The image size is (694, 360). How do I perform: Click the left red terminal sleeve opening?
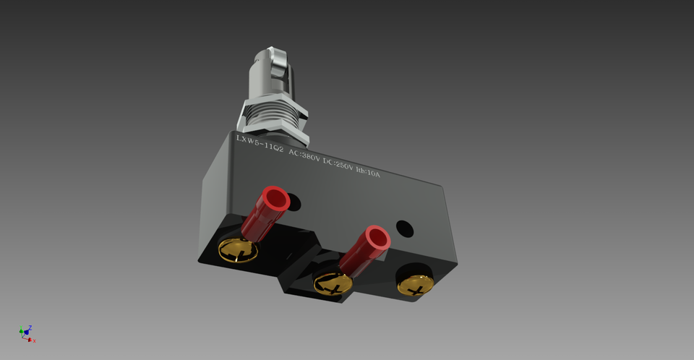click(x=275, y=198)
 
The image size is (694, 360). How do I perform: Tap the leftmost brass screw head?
click(x=238, y=249)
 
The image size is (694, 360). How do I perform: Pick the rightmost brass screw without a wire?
click(x=414, y=284)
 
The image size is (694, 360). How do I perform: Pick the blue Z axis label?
click(x=30, y=327)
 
